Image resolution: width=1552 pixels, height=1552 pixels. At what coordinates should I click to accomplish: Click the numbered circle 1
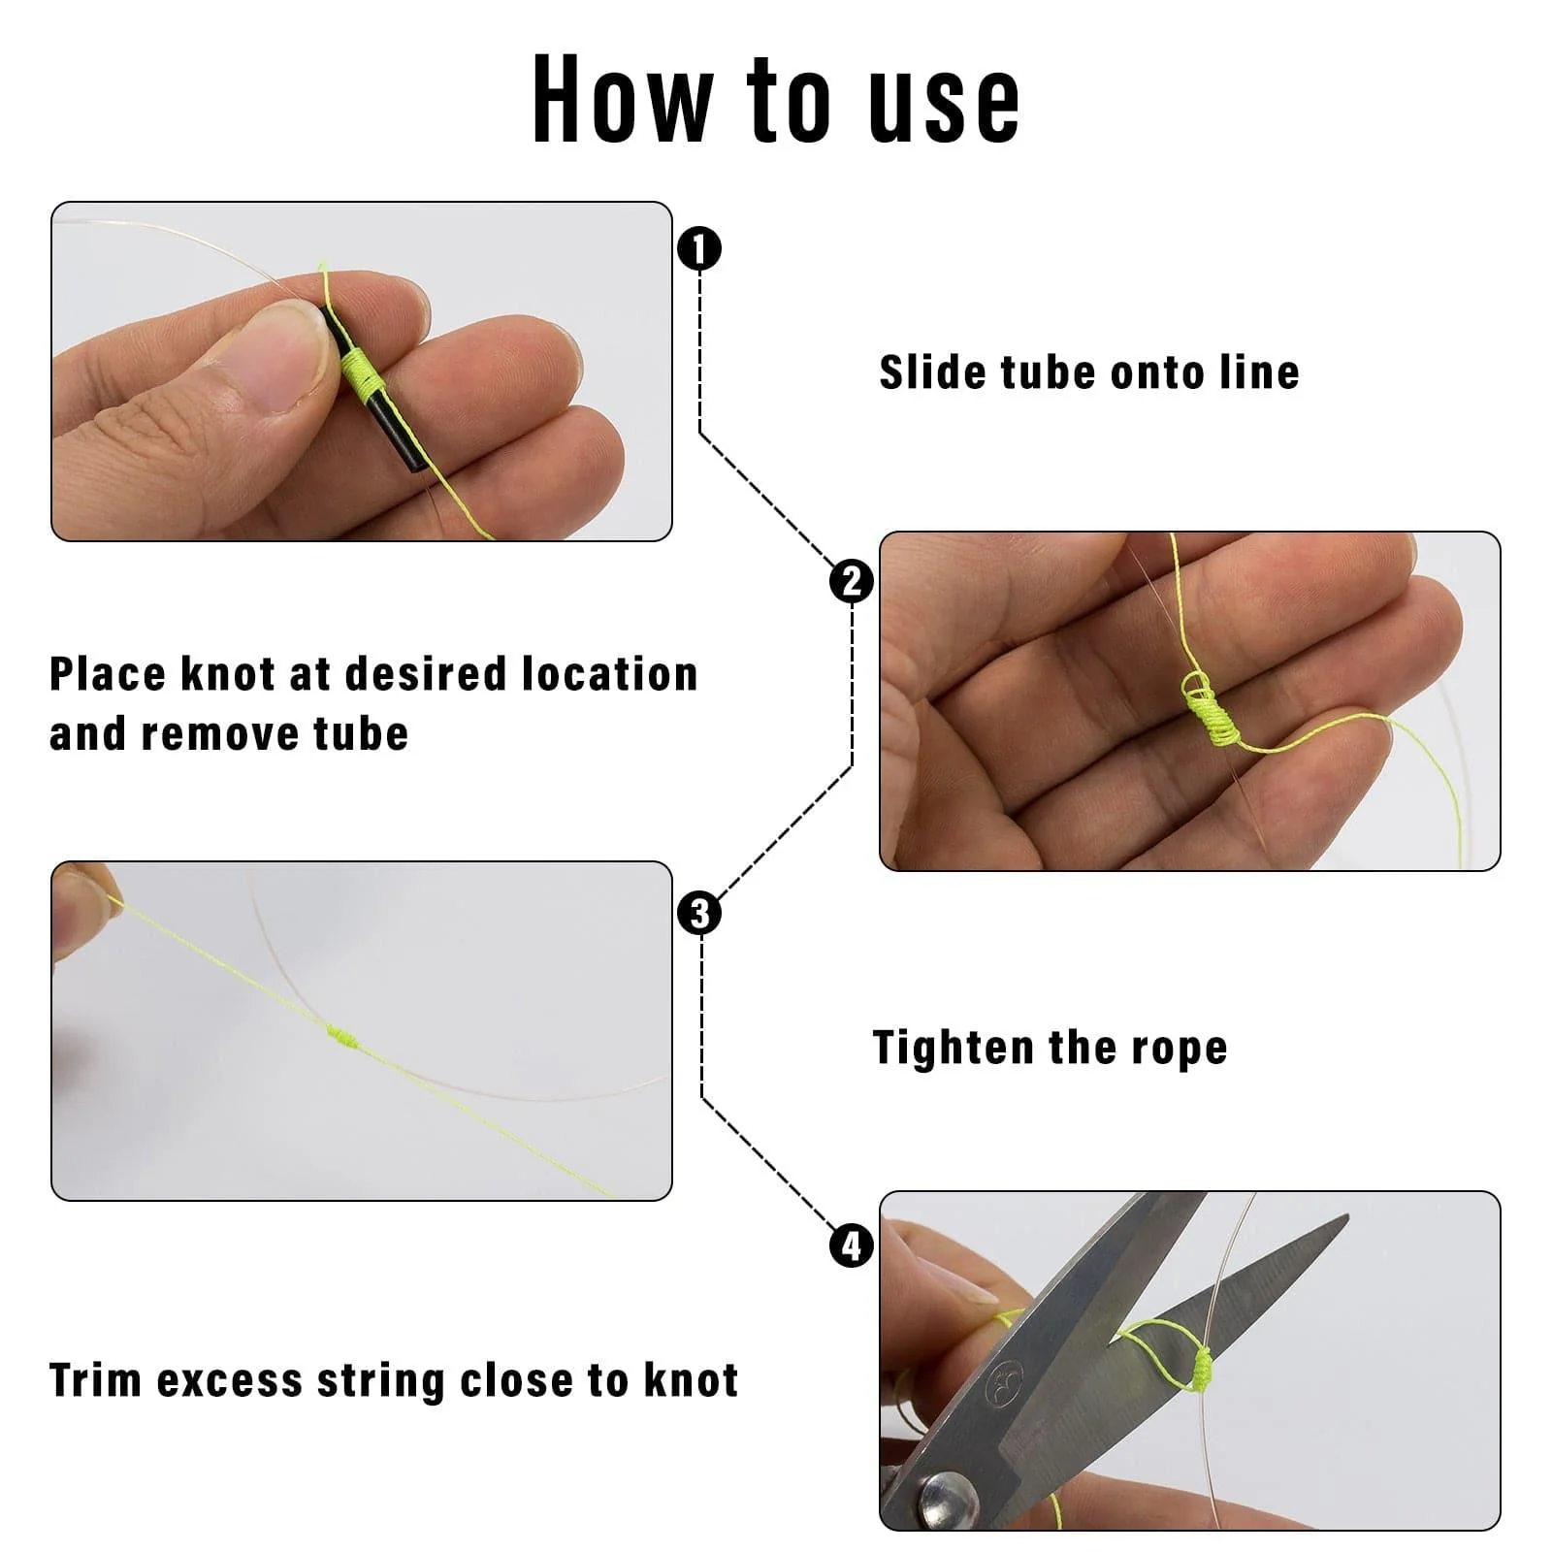[699, 249]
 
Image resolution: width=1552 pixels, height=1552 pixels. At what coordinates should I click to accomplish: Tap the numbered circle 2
[852, 582]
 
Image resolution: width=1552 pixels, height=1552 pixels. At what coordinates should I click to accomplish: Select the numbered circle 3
[699, 914]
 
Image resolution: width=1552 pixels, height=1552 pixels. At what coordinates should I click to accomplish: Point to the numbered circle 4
[852, 1245]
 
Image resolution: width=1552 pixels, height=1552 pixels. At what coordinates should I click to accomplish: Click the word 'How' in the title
[623, 99]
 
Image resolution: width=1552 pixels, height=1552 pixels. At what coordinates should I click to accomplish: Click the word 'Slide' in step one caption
[930, 372]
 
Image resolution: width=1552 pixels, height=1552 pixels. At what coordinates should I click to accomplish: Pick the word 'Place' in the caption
[108, 674]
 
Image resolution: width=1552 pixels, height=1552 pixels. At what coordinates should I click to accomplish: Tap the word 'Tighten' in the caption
[954, 1049]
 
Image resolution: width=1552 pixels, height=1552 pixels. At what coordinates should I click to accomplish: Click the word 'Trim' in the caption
[95, 1380]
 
